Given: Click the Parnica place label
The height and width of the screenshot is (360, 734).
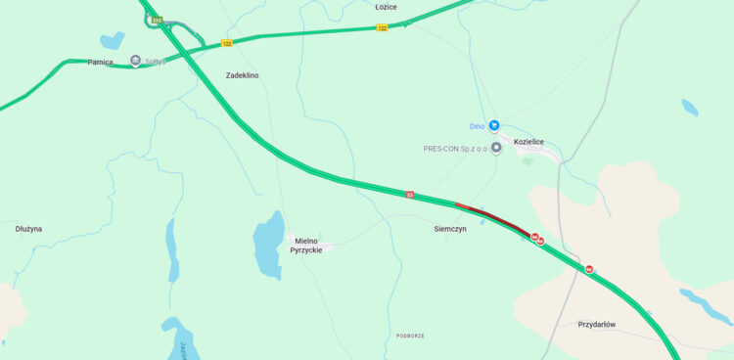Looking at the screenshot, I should [x=100, y=62].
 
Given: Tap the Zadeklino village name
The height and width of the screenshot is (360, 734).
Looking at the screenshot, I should [x=242, y=75].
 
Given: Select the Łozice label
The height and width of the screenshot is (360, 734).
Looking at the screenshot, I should [x=387, y=7].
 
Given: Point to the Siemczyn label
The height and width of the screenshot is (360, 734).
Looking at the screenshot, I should [x=450, y=228].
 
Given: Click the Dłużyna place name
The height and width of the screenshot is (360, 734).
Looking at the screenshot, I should [x=28, y=229].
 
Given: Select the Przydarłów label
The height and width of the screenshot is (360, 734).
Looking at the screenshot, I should [x=596, y=325].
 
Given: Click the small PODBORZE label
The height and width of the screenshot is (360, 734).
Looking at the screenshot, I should [x=410, y=336].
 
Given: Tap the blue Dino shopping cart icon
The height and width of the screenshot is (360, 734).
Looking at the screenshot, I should [x=494, y=125].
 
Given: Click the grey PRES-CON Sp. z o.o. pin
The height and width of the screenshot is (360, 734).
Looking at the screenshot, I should [x=496, y=148].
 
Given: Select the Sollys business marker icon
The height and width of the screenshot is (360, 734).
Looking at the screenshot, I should [x=136, y=61].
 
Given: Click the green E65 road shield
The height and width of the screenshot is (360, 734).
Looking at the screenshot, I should [x=157, y=21].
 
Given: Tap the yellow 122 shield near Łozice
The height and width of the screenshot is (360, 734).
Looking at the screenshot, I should [x=382, y=27].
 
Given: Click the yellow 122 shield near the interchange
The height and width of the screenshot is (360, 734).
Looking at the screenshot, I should [x=227, y=43].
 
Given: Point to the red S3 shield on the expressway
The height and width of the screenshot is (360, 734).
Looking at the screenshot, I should [x=410, y=194].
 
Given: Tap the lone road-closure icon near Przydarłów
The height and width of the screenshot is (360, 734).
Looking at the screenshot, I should [x=589, y=269].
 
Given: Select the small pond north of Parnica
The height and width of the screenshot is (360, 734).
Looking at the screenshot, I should [x=113, y=40].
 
